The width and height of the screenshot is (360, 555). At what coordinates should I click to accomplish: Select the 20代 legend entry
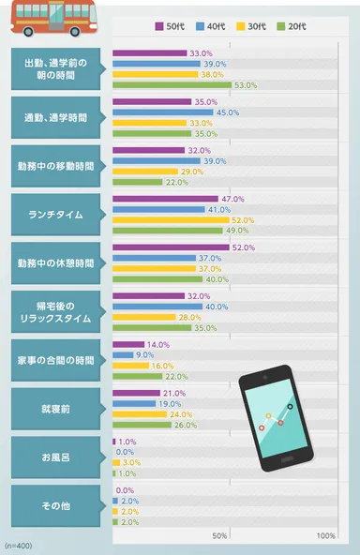pyautogui.click(x=315, y=26)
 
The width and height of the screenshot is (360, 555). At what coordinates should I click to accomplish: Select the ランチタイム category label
pyautogui.click(x=54, y=215)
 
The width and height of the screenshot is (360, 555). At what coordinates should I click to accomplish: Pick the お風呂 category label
pyautogui.click(x=54, y=458)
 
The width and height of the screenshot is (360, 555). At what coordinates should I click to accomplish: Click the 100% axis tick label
pyautogui.click(x=326, y=536)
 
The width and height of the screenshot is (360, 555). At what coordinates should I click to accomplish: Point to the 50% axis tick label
pyautogui.click(x=220, y=536)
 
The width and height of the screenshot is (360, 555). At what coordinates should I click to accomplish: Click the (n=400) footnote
pyautogui.click(x=19, y=545)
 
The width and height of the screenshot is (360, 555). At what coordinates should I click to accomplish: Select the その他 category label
pyautogui.click(x=54, y=507)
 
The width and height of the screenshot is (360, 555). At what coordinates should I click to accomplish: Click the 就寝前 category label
pyautogui.click(x=54, y=410)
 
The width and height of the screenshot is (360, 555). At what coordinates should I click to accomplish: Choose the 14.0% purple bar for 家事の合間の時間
pyautogui.click(x=127, y=345)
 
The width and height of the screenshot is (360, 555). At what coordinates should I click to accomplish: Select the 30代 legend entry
pyautogui.click(x=265, y=26)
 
